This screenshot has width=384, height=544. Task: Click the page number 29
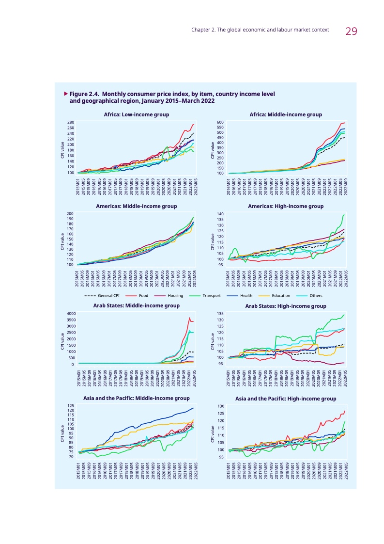352,32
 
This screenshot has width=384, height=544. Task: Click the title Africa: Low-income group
137,115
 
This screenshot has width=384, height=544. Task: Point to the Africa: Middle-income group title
286,115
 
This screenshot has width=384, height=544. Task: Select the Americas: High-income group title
286,207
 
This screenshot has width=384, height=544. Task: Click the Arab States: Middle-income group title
137,306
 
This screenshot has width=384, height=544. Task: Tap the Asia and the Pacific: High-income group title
286,399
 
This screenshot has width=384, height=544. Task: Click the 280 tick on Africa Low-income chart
71,122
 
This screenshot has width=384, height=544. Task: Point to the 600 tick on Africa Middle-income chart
220,122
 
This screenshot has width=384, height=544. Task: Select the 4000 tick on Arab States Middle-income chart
70,314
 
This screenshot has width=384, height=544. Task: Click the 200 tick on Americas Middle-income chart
71,214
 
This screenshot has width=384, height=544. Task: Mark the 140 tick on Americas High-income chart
220,214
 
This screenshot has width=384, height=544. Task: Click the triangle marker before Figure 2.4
66,93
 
